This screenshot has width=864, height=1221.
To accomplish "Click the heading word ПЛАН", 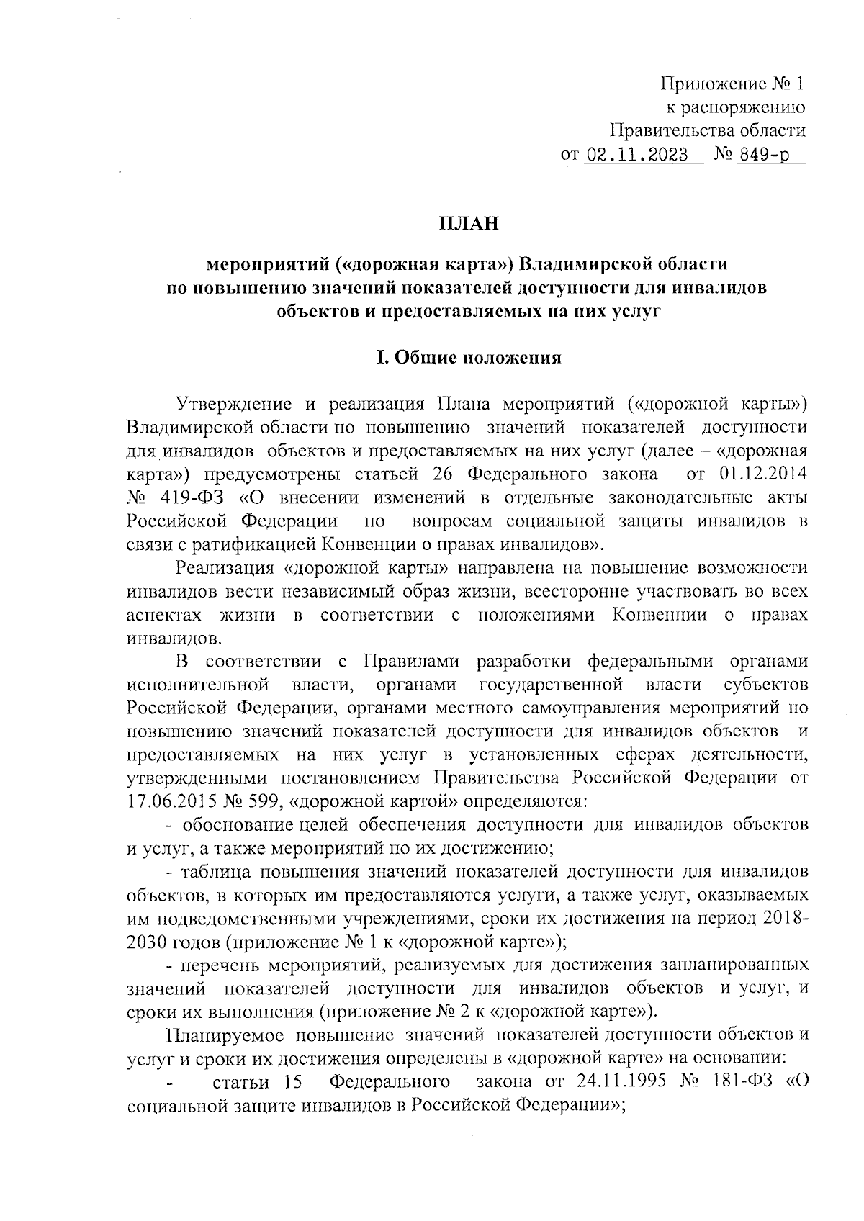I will [469, 224].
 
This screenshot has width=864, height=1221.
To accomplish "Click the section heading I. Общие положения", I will [469, 358].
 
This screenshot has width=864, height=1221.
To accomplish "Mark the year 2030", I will [145, 941].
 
